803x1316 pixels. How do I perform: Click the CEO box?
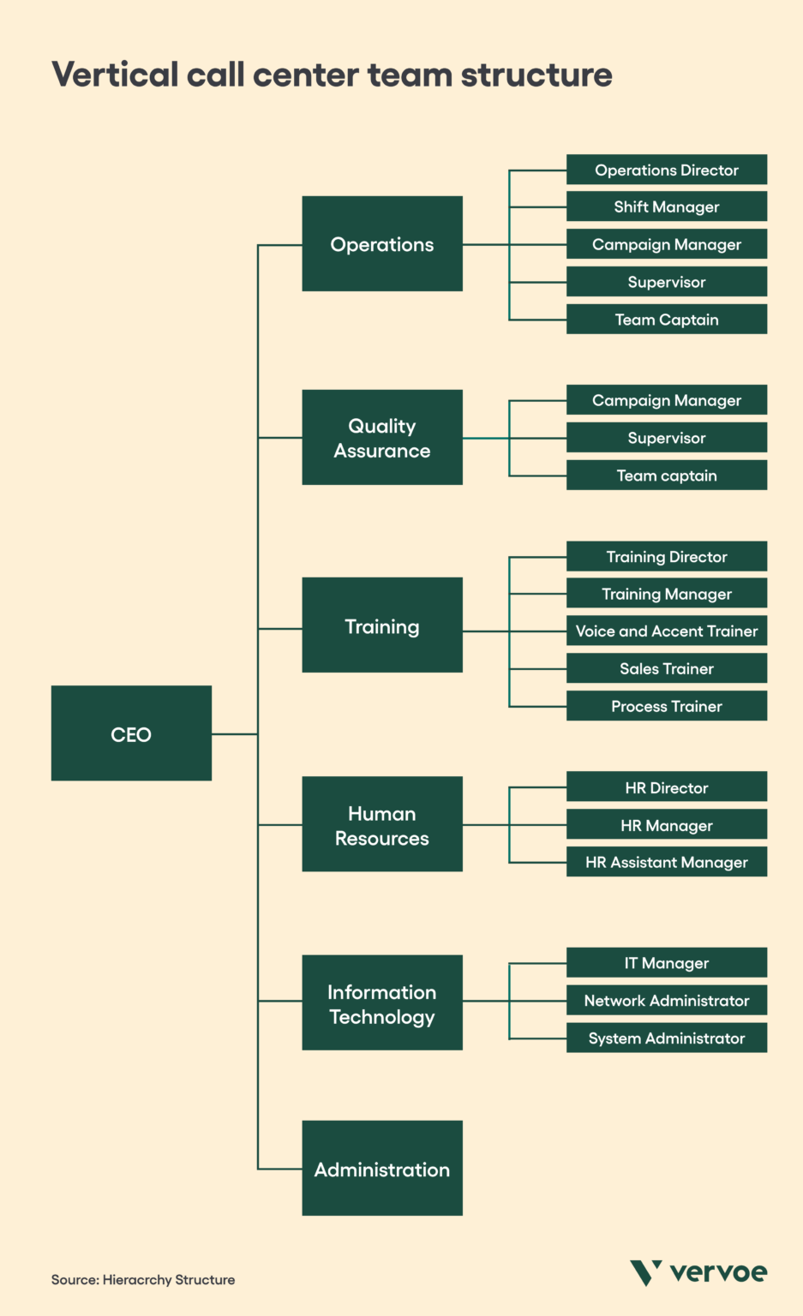point(131,733)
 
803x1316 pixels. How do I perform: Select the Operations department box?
point(382,244)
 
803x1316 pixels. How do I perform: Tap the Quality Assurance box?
point(382,438)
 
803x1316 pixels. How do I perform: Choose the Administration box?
point(382,1169)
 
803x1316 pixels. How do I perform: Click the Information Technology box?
point(382,1003)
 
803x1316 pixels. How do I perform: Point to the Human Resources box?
point(382,825)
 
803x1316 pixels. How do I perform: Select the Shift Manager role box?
point(667,206)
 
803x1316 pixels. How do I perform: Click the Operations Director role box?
point(667,170)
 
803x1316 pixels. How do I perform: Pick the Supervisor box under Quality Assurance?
point(667,438)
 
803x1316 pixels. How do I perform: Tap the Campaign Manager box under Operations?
point(667,244)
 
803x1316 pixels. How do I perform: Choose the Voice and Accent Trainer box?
point(667,631)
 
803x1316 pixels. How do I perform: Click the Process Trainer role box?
point(667,706)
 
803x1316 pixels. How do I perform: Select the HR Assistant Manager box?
point(667,862)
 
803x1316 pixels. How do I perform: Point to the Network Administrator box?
point(667,1001)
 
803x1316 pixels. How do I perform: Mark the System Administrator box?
point(667,1038)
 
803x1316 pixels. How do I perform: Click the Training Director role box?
point(667,557)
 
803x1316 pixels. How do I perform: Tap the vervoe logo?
point(698,1272)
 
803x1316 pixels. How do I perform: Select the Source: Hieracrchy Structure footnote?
point(143,1280)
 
